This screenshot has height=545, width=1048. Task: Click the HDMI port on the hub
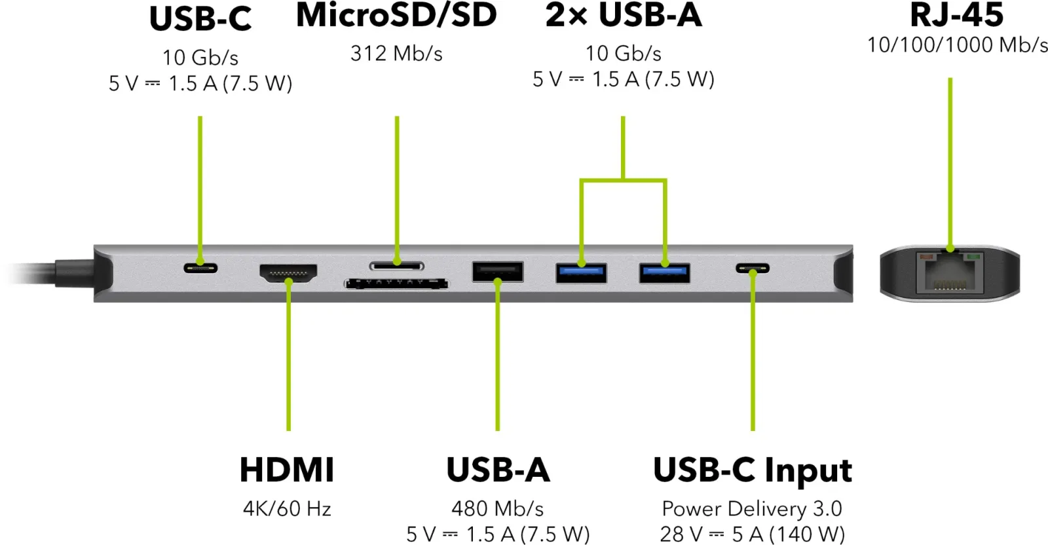(288, 273)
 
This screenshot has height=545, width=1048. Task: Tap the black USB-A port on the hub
(498, 272)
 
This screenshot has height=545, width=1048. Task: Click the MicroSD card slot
(397, 266)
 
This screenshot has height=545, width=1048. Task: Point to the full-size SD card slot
(396, 284)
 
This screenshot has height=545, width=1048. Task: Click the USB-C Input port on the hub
(753, 269)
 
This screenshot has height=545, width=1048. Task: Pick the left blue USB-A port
(582, 273)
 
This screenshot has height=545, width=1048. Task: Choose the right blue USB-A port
(665, 273)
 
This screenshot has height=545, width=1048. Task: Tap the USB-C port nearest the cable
(200, 268)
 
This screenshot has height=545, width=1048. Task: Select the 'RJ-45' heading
(957, 15)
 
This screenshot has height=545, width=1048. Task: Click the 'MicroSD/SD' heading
(396, 15)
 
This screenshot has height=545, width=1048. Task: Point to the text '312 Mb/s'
(396, 53)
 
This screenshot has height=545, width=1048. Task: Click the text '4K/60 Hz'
(288, 508)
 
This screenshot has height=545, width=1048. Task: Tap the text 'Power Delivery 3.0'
(753, 508)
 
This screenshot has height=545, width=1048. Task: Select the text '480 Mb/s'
(498, 508)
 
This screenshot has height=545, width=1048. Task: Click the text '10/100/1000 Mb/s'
(957, 45)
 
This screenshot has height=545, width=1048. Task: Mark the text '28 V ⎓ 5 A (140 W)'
(753, 535)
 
